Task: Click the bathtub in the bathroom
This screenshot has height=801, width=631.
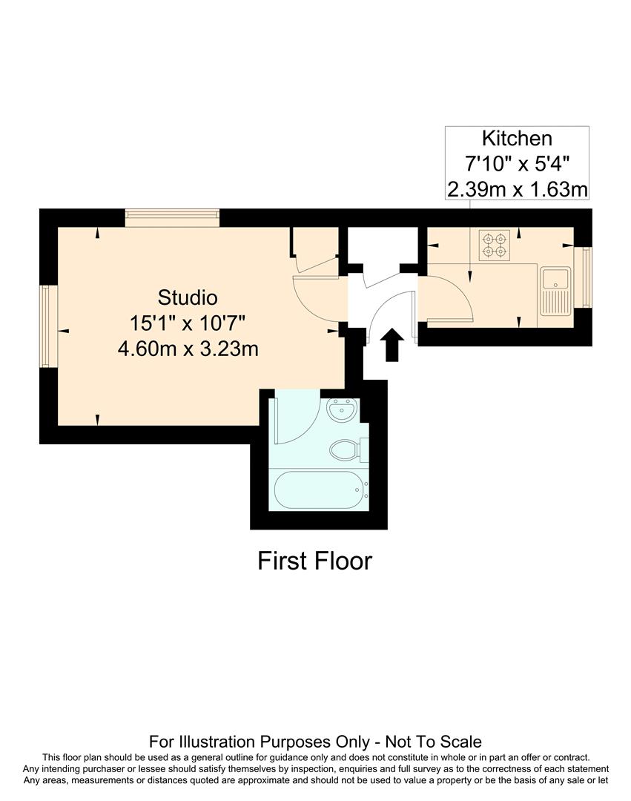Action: point(320,490)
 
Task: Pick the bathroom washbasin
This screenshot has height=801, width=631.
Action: point(343,409)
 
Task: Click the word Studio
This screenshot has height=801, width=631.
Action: point(188,297)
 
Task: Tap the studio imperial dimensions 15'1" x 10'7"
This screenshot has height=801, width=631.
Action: point(188,323)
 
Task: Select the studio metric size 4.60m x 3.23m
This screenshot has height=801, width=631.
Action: point(188,348)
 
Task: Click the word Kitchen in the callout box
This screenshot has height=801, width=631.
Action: point(517,138)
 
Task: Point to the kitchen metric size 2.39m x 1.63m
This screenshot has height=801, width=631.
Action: point(517,189)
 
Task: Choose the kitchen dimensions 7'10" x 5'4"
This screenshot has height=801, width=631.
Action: point(517,164)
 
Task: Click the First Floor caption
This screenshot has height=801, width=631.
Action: point(314,561)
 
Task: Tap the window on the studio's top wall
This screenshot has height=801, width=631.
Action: point(172,217)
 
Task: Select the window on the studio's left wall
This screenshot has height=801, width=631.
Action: point(49,326)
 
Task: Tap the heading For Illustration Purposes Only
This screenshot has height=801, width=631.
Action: point(315,741)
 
